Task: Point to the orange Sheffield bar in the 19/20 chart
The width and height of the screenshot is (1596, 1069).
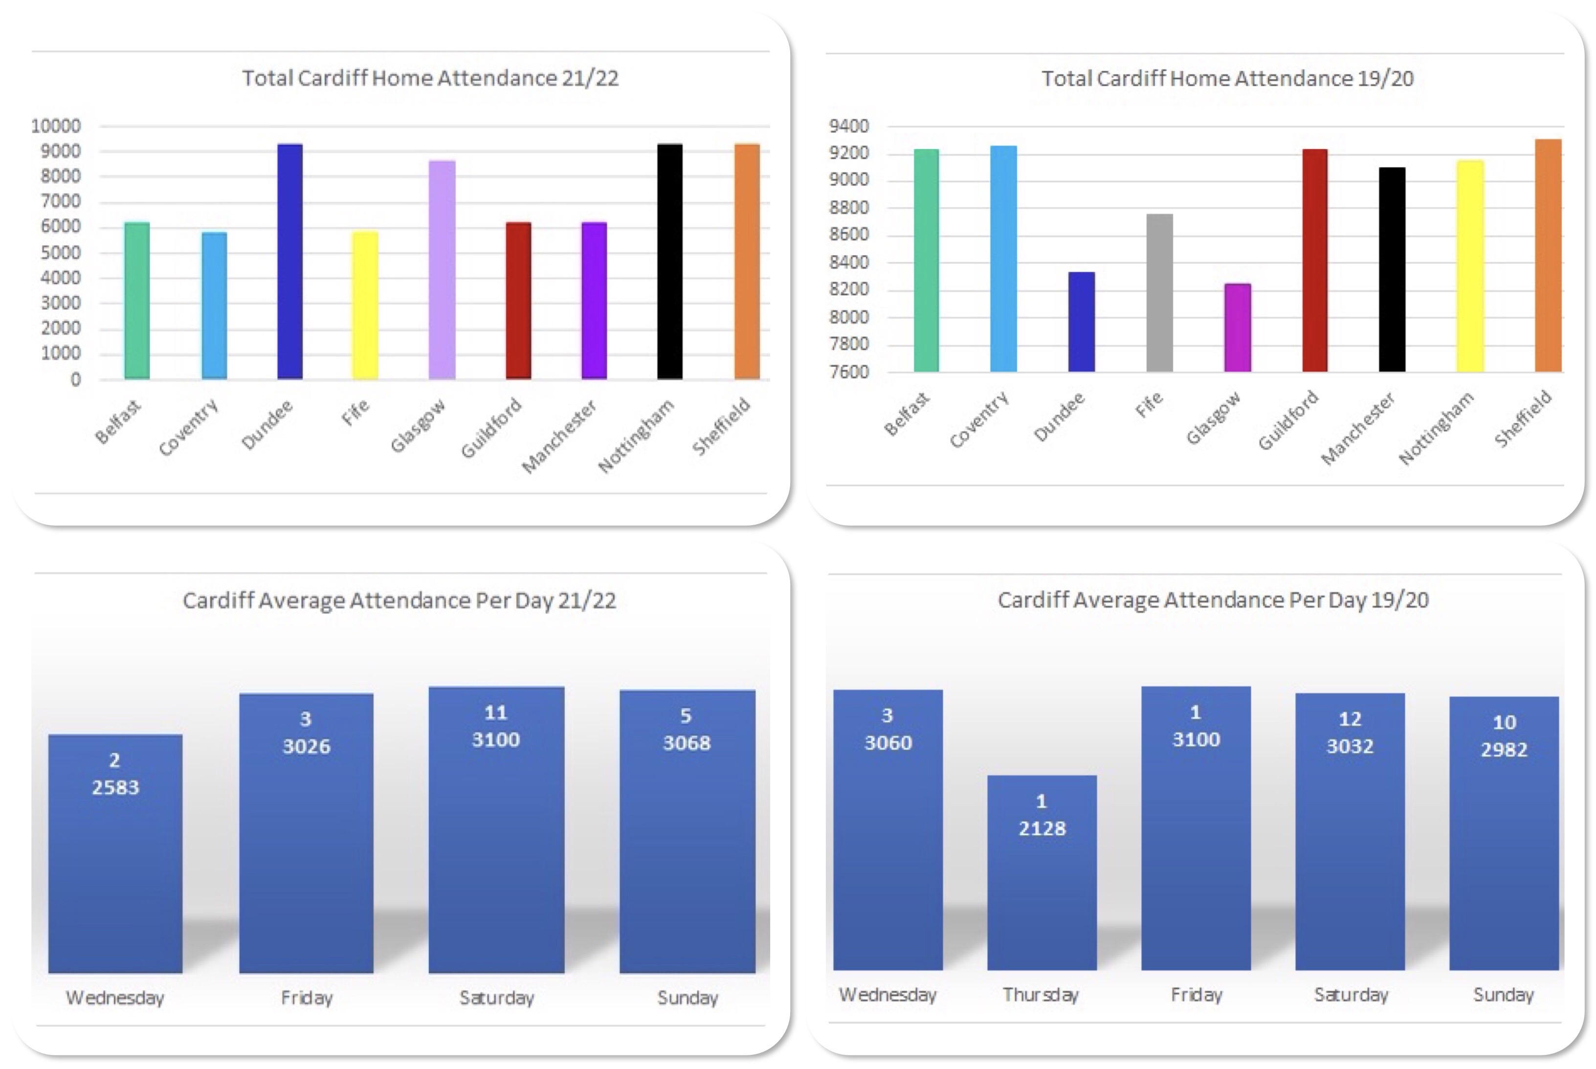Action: pos(1548,256)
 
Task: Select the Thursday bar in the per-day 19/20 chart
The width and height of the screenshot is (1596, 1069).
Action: pos(1042,886)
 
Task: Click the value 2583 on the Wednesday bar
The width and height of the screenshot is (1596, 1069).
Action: pos(115,787)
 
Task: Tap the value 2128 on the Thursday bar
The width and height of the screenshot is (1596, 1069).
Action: pos(1042,828)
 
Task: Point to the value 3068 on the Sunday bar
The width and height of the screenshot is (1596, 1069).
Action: pos(687,743)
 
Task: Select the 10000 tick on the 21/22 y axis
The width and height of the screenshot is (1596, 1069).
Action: pos(56,126)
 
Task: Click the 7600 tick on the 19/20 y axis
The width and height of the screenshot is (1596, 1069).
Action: pos(849,372)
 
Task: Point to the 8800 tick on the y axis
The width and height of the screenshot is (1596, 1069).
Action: pos(849,208)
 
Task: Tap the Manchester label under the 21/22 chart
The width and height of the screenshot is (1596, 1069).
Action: pos(559,436)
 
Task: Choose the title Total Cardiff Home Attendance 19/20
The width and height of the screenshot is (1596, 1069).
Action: pos(1227,78)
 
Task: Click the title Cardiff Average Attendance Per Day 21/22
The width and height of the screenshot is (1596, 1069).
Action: pos(399,601)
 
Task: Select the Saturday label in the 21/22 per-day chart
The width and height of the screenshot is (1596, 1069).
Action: pos(496,998)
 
